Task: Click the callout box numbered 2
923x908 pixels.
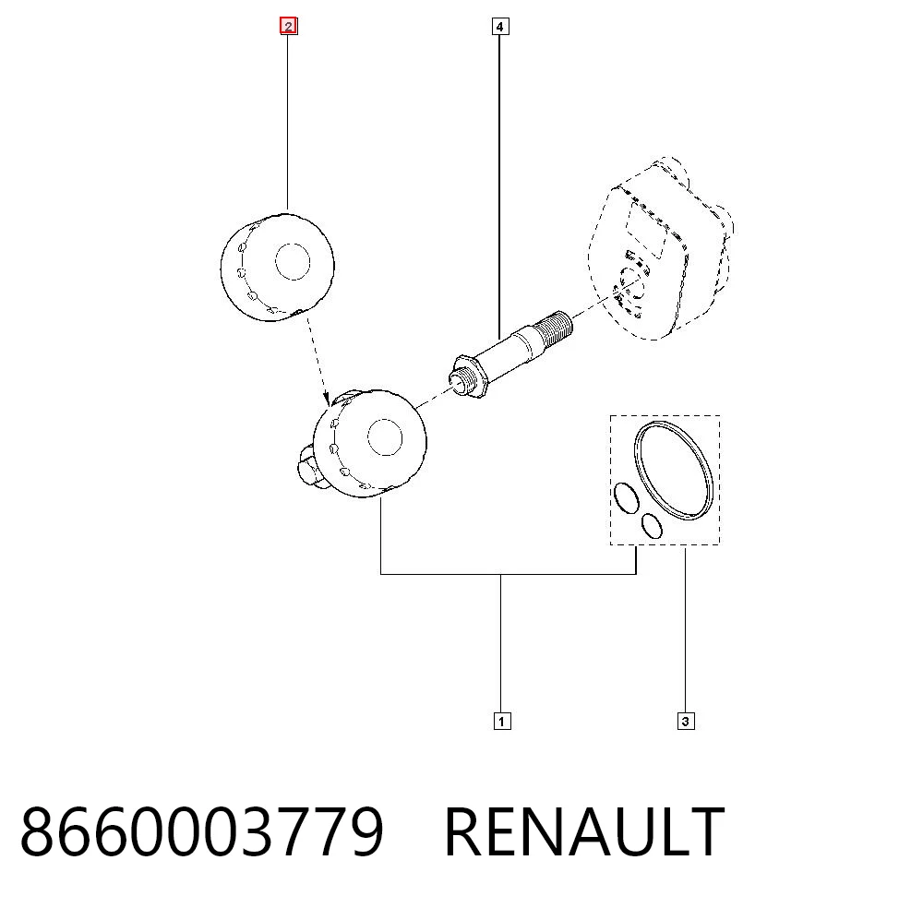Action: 288,27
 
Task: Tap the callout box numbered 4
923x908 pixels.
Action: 499,27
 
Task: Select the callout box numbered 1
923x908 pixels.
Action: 501,722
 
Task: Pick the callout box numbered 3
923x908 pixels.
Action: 685,722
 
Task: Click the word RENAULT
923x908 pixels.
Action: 584,832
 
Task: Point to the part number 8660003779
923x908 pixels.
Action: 202,832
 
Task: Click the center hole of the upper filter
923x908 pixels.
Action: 293,261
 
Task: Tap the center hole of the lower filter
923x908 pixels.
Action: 385,436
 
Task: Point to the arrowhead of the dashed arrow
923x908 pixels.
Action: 327,400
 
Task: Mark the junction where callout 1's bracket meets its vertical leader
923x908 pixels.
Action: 500,574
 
